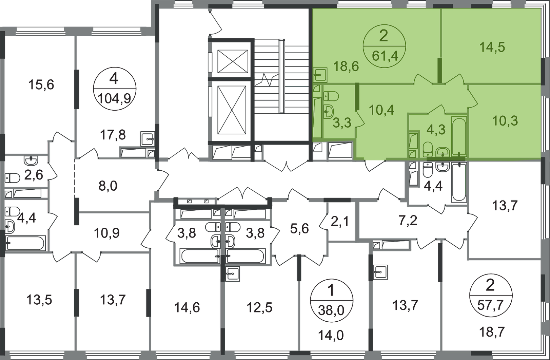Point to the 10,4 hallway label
point(381,110)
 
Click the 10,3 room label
point(505,121)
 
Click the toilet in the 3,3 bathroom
point(331,96)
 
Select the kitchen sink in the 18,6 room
point(320,74)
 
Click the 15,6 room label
point(41,84)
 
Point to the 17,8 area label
point(114,136)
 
